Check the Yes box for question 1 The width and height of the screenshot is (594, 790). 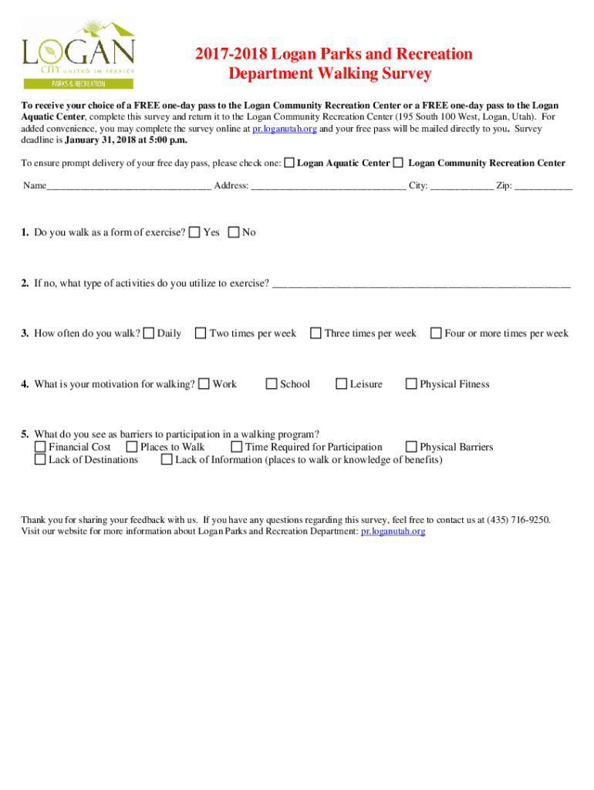(195, 232)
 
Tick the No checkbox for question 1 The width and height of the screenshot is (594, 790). (234, 232)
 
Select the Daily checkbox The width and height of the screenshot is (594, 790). (149, 333)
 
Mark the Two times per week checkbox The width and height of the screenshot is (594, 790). (201, 333)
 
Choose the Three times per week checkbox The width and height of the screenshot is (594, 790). (316, 333)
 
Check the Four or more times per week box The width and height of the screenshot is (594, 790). (436, 333)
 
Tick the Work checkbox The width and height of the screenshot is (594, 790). (204, 383)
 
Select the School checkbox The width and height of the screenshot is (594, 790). (272, 383)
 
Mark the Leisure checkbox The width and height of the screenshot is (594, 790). (341, 383)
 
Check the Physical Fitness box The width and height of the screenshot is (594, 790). (411, 383)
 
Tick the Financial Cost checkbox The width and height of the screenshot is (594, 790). (40, 447)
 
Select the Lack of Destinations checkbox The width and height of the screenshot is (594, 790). (40, 460)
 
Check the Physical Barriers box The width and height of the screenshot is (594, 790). (411, 447)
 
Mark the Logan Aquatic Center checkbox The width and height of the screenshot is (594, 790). (289, 163)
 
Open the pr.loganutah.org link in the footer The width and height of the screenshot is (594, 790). (393, 532)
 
